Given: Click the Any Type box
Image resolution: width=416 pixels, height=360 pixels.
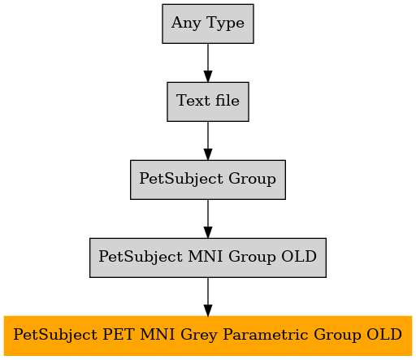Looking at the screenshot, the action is tap(208, 24).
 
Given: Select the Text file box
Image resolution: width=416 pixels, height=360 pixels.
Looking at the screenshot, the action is tap(208, 102).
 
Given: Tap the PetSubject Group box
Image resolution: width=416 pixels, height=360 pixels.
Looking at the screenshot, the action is tap(208, 180).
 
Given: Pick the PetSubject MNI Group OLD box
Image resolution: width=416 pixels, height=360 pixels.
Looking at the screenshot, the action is tap(208, 258).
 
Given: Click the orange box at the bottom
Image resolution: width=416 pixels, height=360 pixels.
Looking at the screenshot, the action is tap(208, 336).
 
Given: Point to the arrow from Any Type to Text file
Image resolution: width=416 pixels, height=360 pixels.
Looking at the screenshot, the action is tap(208, 63).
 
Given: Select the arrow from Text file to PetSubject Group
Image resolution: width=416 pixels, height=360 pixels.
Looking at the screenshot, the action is tap(208, 141).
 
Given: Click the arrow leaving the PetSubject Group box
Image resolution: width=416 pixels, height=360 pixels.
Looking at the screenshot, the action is tap(208, 219).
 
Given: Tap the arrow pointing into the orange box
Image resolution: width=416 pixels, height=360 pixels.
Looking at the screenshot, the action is tap(208, 297).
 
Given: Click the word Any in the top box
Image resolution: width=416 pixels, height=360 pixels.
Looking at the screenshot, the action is tap(186, 24).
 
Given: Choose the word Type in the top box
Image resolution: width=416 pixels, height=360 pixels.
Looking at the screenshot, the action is tap(225, 24).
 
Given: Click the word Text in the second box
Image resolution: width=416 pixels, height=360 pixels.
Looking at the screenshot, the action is tap(193, 100).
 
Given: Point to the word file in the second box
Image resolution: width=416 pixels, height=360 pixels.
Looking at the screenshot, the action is tap(227, 100).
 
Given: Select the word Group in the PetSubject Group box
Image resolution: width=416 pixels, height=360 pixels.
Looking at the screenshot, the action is tap(252, 180).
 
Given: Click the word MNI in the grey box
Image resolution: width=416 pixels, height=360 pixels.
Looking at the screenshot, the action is tap(206, 256).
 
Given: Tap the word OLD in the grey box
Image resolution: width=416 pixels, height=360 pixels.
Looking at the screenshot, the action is tap(299, 256).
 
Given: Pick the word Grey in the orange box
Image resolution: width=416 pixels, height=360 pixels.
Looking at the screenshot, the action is tap(199, 335).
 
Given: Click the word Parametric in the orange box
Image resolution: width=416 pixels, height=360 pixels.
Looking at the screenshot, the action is tap(266, 334).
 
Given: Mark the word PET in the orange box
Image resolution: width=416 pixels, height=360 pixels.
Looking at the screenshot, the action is tap(119, 334).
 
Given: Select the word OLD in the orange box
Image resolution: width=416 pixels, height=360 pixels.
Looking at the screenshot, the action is tap(384, 334).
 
